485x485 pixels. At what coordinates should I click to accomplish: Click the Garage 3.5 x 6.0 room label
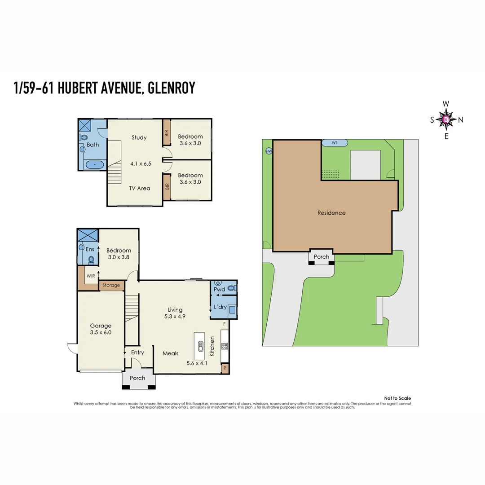101,329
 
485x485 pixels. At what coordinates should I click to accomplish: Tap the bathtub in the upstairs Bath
94,165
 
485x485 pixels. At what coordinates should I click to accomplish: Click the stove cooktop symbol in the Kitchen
225,346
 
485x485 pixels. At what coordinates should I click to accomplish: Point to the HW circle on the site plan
269,151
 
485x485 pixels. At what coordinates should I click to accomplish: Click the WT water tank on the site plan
335,143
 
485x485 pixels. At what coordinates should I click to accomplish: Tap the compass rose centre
445,119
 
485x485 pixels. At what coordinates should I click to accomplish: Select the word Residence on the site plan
331,213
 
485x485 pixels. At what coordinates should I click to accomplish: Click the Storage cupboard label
111,285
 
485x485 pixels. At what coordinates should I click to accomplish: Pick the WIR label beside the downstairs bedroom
90,276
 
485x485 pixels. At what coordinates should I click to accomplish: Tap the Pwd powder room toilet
232,287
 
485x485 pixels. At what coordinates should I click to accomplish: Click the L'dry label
220,307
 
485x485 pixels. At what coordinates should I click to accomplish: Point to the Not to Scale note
397,398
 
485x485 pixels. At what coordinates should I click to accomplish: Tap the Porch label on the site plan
321,257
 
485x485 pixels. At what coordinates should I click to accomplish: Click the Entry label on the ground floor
137,353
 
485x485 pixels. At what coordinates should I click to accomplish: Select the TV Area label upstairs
140,188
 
